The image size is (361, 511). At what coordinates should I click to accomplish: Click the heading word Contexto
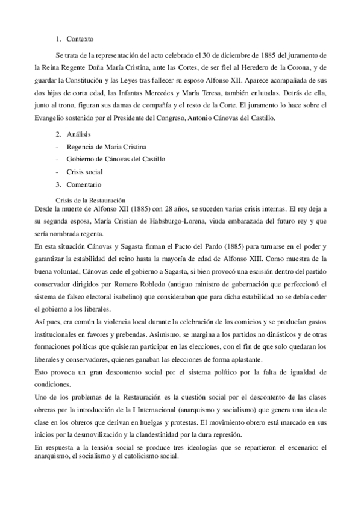pos(81,39)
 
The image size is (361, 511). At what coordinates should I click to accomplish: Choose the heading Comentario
pos(83,184)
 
